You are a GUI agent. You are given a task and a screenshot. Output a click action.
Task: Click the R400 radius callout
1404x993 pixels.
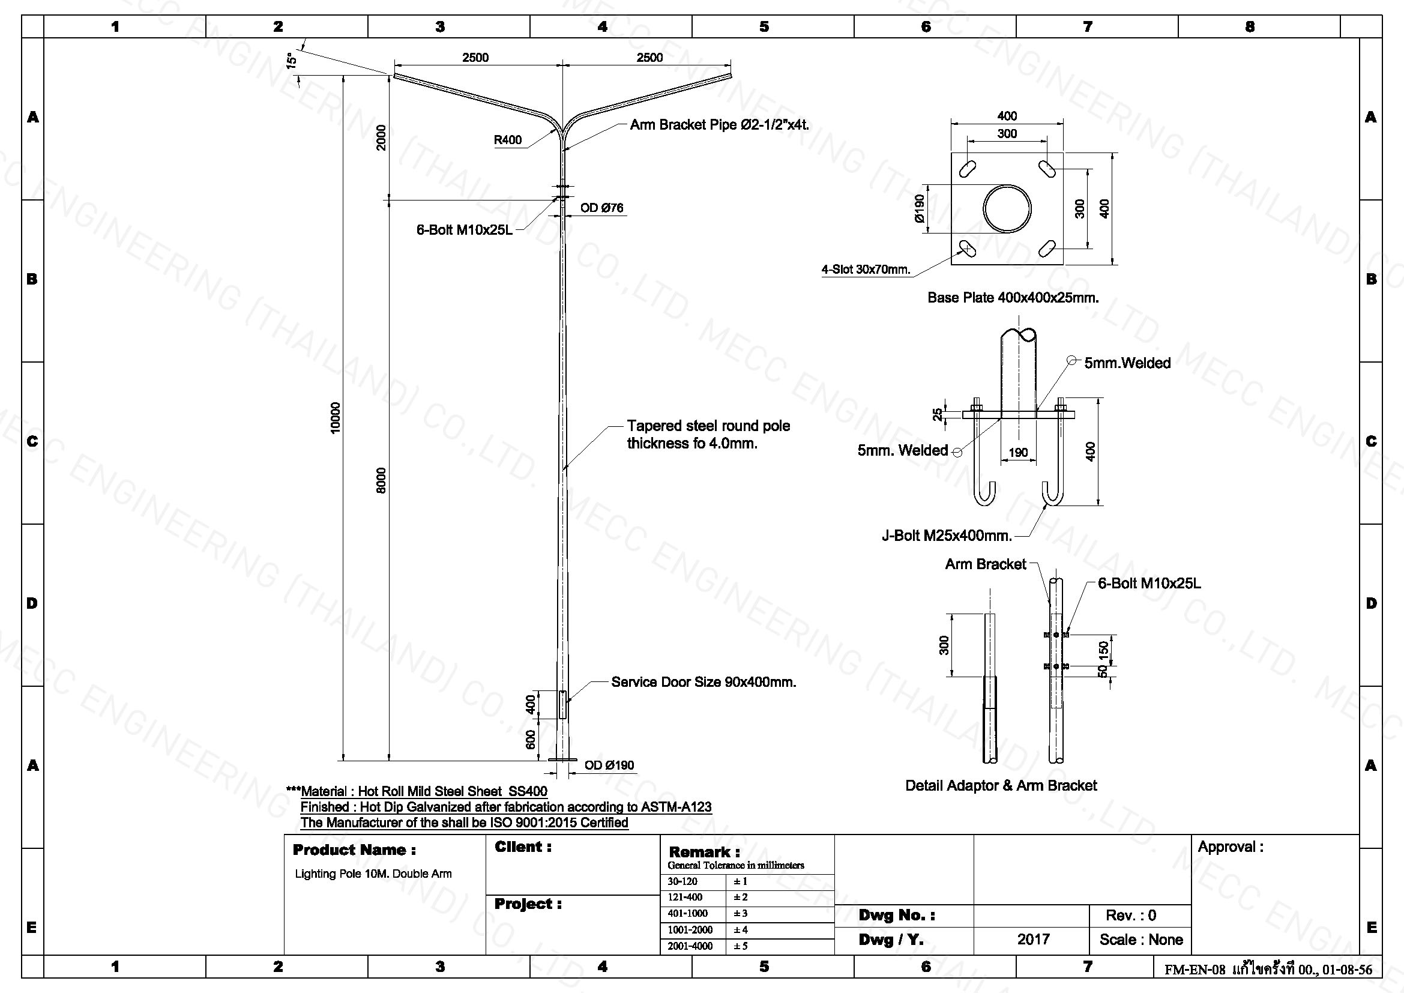coord(508,140)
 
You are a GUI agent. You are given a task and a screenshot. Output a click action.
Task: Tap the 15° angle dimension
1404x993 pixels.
coord(292,60)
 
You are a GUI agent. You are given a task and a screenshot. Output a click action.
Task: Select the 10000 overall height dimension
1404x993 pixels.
coord(334,418)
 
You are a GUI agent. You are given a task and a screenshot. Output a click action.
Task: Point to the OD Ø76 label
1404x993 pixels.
coord(601,208)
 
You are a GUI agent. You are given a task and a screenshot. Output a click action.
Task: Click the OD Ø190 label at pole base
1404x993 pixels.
coord(609,765)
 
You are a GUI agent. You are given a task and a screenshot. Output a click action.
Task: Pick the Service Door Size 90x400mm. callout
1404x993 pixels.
coord(704,682)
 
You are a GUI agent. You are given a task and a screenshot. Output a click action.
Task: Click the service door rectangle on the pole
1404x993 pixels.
coord(562,704)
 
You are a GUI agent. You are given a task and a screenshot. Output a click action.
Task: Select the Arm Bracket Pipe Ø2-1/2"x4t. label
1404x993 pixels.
coord(720,125)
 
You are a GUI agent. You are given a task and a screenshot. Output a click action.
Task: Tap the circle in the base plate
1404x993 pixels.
coord(1007,208)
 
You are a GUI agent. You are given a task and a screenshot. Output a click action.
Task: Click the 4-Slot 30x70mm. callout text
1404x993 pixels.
coord(866,270)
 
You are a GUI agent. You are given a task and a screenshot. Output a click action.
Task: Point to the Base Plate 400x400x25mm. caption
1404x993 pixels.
coord(1013,298)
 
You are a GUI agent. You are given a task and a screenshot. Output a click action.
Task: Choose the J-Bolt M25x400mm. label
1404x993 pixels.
coord(947,536)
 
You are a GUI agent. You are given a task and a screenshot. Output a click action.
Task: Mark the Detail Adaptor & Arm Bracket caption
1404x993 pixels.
coord(1001,786)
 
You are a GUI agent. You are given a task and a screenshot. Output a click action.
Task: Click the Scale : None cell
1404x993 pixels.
coord(1141,940)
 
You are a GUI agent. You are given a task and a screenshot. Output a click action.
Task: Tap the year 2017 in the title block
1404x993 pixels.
coord(1034,940)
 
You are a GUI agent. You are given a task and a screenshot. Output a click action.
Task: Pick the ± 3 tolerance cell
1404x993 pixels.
coord(741,914)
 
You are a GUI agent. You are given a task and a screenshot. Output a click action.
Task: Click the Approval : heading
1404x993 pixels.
coord(1231,848)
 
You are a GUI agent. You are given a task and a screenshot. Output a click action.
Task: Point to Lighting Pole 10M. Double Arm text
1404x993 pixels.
coord(373,874)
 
